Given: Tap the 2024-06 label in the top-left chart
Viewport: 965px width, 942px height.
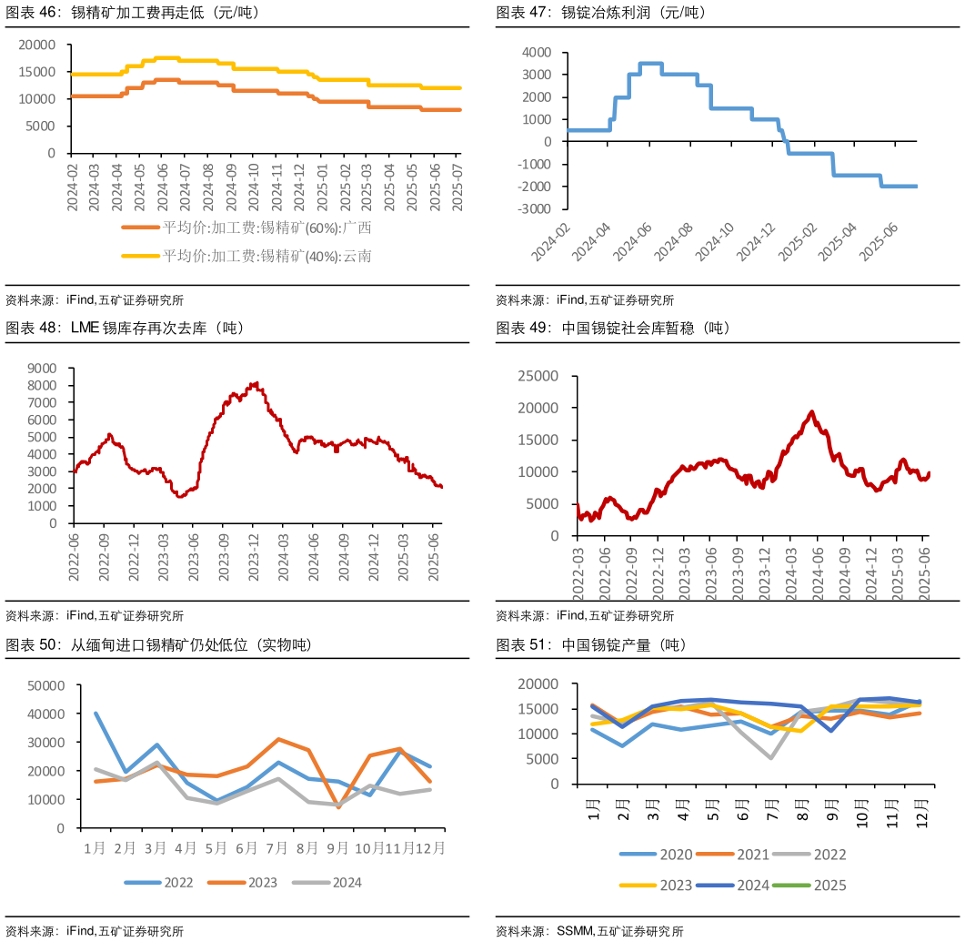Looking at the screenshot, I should [x=162, y=187].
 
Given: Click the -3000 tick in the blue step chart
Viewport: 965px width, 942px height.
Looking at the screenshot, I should [x=535, y=208].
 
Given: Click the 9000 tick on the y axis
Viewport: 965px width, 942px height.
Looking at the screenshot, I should [x=42, y=368].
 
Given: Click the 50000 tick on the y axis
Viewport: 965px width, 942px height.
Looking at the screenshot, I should [x=46, y=685].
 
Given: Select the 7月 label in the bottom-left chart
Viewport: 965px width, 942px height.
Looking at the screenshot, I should [x=276, y=848].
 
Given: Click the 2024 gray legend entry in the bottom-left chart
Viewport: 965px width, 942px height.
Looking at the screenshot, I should [x=334, y=882].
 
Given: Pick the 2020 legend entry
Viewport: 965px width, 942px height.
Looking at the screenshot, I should [x=661, y=855].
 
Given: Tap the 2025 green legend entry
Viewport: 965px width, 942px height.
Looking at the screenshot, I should [x=815, y=885].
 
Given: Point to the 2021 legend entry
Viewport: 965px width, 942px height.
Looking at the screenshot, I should [x=738, y=855].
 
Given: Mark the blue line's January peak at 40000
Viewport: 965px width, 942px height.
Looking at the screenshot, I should [x=95, y=714].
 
